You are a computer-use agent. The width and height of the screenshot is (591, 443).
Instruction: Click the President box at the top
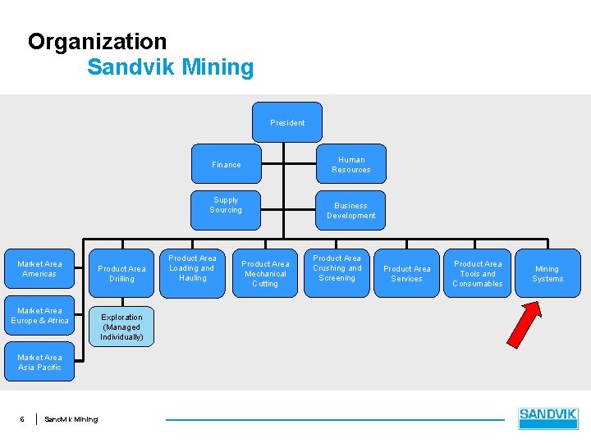click(287, 122)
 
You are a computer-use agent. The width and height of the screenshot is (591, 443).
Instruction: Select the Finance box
click(227, 164)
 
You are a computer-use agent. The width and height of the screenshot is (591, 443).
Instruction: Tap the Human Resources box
click(350, 164)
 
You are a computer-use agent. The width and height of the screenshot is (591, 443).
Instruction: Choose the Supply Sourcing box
click(226, 205)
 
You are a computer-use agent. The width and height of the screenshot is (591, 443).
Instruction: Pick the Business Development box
click(350, 210)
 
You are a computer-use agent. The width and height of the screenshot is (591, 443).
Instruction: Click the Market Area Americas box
click(39, 269)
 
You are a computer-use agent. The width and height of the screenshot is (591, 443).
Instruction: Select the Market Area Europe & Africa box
click(39, 316)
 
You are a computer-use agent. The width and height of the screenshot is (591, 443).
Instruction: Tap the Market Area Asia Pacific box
click(39, 362)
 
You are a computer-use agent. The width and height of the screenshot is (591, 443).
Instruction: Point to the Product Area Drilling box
click(121, 273)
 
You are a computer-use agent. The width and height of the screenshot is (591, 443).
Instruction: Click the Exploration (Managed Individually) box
click(121, 327)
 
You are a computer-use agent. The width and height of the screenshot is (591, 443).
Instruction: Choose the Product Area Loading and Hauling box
click(192, 268)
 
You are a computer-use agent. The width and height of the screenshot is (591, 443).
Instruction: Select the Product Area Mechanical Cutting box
click(264, 273)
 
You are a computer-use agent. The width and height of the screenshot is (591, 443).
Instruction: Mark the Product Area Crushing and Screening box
click(337, 268)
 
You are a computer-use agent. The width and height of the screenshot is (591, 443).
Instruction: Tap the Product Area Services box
click(406, 273)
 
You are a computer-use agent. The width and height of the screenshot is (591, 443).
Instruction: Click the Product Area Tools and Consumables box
click(478, 273)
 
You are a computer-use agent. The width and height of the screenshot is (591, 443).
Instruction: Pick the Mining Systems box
click(547, 273)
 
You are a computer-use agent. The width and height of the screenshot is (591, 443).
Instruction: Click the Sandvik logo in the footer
click(548, 418)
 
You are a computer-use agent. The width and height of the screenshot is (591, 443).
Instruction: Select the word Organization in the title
click(97, 41)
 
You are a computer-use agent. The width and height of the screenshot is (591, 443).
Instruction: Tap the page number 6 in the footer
click(22, 419)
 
